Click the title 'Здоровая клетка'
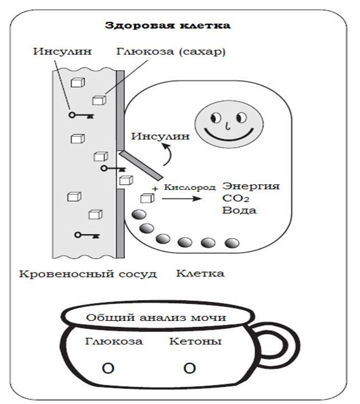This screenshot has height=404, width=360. click(x=168, y=26)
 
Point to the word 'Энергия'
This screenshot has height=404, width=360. click(x=251, y=186)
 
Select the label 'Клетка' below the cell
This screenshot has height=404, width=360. click(x=200, y=274)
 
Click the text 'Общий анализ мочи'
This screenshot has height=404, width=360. click(x=156, y=318)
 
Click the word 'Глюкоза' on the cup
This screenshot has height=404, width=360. click(x=114, y=341)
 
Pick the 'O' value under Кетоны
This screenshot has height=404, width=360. click(x=190, y=369)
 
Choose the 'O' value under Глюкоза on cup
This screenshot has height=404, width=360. click(x=109, y=369)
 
